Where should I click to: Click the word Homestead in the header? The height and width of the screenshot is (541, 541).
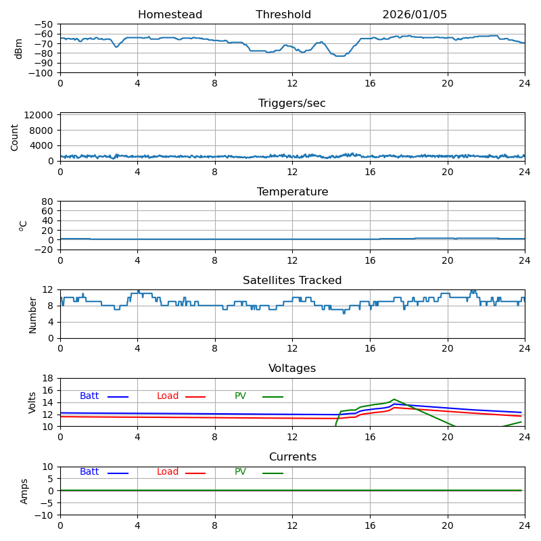pyautogui.click(x=170, y=15)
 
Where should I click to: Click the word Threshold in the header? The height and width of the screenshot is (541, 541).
pyautogui.click(x=283, y=15)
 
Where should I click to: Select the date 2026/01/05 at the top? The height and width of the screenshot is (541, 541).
pyautogui.click(x=415, y=15)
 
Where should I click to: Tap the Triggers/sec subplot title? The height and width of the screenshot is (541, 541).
pyautogui.click(x=292, y=103)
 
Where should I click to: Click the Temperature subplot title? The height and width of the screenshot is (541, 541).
pyautogui.click(x=292, y=192)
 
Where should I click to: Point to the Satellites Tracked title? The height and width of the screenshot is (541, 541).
pyautogui.click(x=292, y=281)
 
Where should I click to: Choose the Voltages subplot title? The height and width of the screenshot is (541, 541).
pyautogui.click(x=292, y=369)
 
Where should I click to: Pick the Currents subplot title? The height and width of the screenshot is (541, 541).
pyautogui.click(x=292, y=457)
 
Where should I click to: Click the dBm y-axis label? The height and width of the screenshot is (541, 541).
pyautogui.click(x=19, y=49)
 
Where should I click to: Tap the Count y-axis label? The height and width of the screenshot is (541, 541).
pyautogui.click(x=15, y=137)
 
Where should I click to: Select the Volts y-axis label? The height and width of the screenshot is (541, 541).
pyautogui.click(x=32, y=402)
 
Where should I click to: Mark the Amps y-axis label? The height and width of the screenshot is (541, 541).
pyautogui.click(x=24, y=491)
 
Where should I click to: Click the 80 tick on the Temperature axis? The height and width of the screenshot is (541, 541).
pyautogui.click(x=48, y=202)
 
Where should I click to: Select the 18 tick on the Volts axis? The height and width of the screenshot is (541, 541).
pyautogui.click(x=48, y=379)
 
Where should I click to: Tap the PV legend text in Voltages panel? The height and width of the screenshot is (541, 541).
pyautogui.click(x=240, y=396)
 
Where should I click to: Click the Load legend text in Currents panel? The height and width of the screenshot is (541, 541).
pyautogui.click(x=168, y=472)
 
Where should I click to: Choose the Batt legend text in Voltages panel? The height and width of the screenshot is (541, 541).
pyautogui.click(x=89, y=396)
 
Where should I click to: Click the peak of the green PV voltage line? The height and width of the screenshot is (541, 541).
pyautogui.click(x=394, y=399)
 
